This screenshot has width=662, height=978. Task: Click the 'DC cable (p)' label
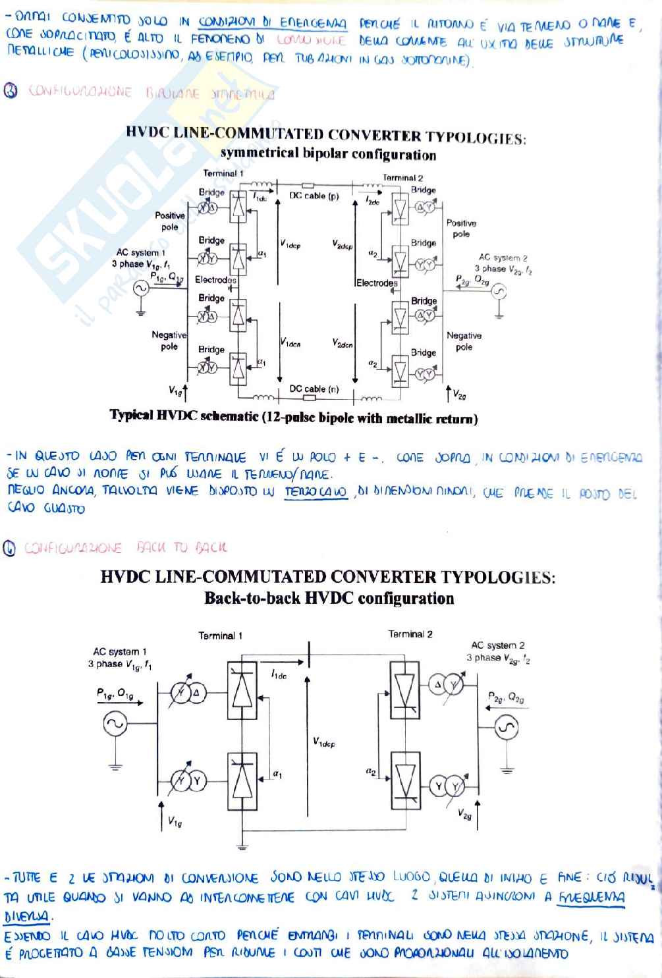tap(314, 196)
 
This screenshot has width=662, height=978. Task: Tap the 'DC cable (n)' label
tap(314, 389)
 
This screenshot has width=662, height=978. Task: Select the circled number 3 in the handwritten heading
tap(11, 92)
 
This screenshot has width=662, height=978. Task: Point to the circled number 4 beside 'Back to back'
tap(11, 548)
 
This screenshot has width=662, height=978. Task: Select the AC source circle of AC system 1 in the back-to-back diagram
tap(116, 724)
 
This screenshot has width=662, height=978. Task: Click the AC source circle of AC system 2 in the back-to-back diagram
tap(507, 727)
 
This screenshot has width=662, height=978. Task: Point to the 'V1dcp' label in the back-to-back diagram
tap(323, 743)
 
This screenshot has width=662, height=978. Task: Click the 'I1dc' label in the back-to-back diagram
tap(279, 675)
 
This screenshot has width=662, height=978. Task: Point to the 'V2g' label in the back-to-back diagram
tap(465, 815)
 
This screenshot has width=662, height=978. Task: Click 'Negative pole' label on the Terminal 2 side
tap(464, 341)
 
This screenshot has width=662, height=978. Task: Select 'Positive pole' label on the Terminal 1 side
tap(170, 221)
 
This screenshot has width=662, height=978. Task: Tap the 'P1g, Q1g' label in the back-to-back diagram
tap(115, 693)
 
